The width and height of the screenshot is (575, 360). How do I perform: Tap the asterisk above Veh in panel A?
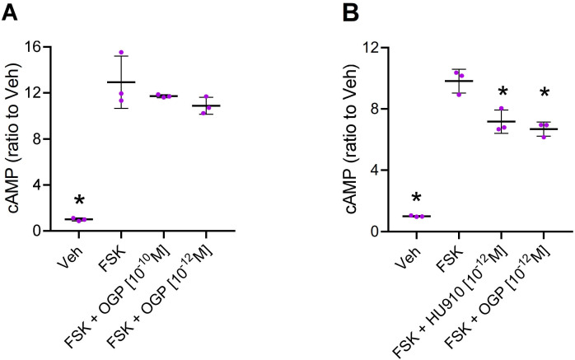79,201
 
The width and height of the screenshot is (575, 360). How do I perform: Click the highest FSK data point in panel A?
121,54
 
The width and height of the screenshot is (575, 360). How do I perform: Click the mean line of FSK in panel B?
459,81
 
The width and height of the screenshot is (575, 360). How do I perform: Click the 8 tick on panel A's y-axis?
52,139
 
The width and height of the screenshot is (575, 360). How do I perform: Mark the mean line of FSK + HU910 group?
501,121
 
